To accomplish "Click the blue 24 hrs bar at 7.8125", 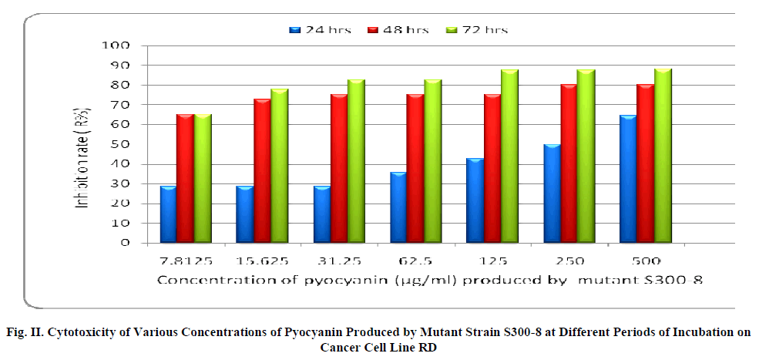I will pos(168,214).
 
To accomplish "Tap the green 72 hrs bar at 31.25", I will pos(356,161).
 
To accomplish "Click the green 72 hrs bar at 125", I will pos(509,156).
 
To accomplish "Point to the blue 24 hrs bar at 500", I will pos(628,179).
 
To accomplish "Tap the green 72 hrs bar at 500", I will pos(663,156).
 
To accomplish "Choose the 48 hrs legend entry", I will pos(398,30).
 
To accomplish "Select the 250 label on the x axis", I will pos(569,261).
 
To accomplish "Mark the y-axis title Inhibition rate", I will pos(102,144).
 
